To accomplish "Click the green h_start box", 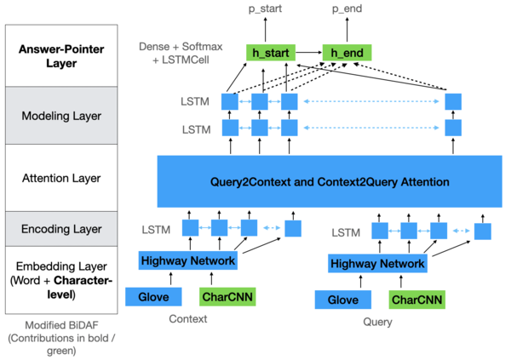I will [269, 53].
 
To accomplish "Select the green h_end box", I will [347, 53].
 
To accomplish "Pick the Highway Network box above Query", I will [377, 264].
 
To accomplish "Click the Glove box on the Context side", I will [153, 296].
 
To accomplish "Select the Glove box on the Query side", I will [342, 299].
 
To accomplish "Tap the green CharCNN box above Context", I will [226, 296].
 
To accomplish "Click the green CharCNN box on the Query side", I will [416, 299].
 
